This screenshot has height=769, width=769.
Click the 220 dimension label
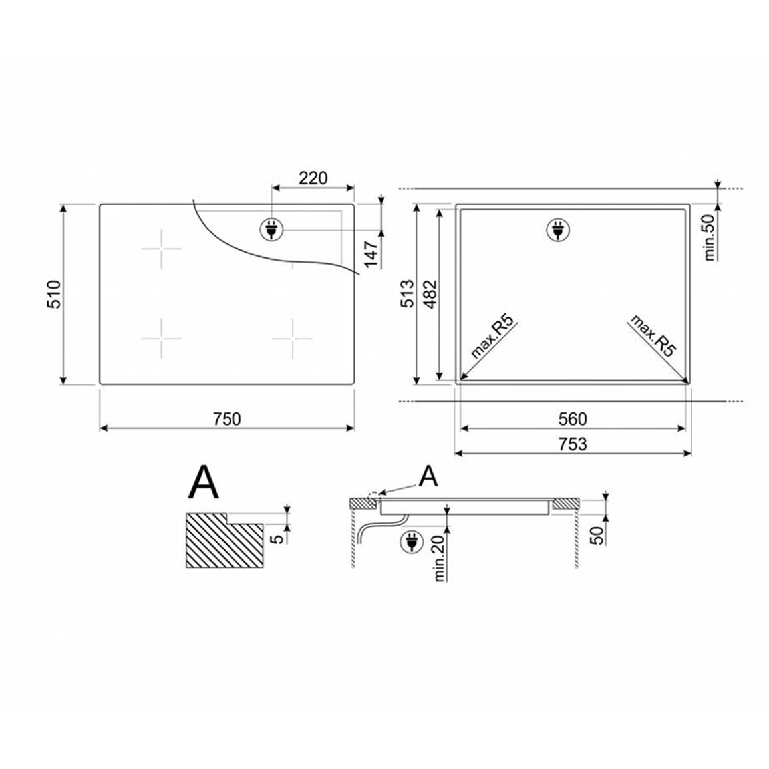coord(313,178)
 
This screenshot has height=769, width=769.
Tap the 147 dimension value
coord(371,255)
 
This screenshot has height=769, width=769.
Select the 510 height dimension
coord(54,294)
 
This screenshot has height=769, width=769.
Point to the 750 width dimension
coord(227,419)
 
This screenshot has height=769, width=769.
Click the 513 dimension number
coord(408,294)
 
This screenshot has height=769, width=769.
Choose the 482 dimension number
coord(430,294)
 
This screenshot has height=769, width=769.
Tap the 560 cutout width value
coord(573,419)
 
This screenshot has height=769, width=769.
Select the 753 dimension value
coord(573,444)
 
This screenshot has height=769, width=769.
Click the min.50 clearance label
coord(710,237)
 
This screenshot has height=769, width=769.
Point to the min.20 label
coord(439,557)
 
